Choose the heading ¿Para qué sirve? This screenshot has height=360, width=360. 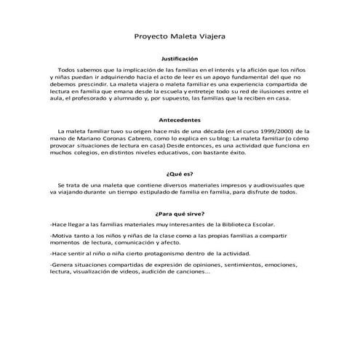click(x=179, y=215)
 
